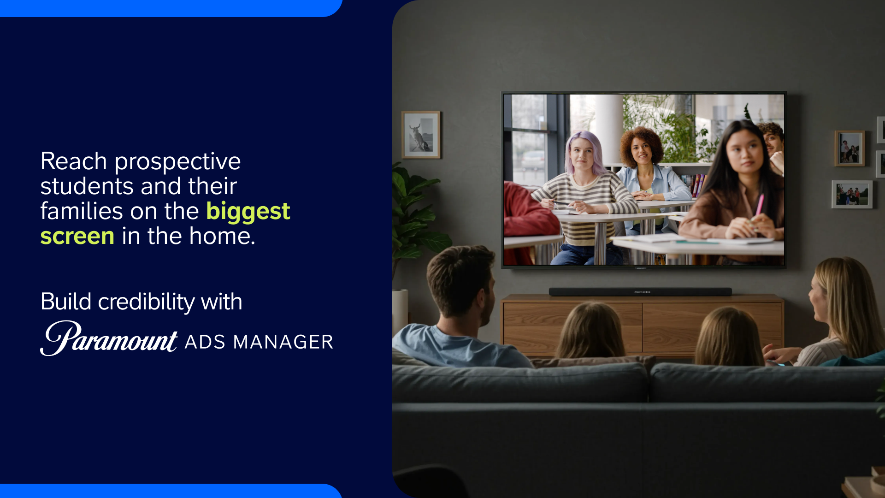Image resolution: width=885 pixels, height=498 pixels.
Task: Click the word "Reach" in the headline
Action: coord(74,161)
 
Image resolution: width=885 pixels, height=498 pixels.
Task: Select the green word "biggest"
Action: coord(248,212)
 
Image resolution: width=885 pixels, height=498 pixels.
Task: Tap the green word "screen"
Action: coord(77,236)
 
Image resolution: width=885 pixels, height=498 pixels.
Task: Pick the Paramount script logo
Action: coord(109,338)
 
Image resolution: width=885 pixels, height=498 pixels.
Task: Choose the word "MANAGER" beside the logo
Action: coord(283,342)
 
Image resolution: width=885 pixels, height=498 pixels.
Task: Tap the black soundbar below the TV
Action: coord(640,292)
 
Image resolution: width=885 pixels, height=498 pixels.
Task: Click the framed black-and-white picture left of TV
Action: coord(421,135)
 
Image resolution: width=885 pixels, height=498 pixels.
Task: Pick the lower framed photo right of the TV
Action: coord(852,194)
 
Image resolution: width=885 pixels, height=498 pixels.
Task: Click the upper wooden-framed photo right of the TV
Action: coord(850,148)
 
